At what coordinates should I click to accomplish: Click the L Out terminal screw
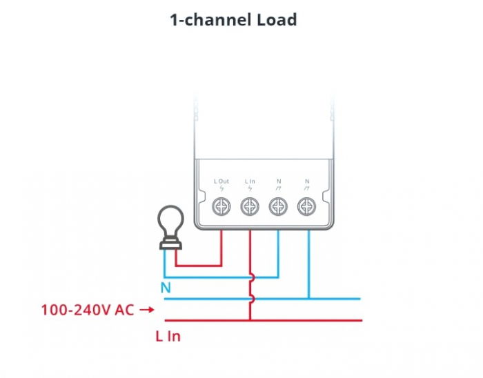[x=221, y=206]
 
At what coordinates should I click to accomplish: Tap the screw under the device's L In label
[x=249, y=206]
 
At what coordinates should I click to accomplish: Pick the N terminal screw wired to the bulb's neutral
[x=278, y=206]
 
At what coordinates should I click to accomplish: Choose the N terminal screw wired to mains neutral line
[x=306, y=206]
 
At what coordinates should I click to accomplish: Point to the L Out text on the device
[x=221, y=181]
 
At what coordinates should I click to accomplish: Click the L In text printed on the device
[x=249, y=181]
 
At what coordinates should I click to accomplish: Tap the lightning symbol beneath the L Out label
[x=221, y=189]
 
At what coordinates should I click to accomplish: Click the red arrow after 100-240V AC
[x=146, y=310]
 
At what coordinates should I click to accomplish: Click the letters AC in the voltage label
[x=124, y=310]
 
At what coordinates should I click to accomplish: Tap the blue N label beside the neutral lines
[x=166, y=288]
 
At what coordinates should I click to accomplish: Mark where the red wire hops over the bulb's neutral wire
[x=251, y=278]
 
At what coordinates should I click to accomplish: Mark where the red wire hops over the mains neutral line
[x=251, y=299]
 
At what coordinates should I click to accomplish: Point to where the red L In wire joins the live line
[x=250, y=320]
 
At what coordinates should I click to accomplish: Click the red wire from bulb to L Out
[x=200, y=265]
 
